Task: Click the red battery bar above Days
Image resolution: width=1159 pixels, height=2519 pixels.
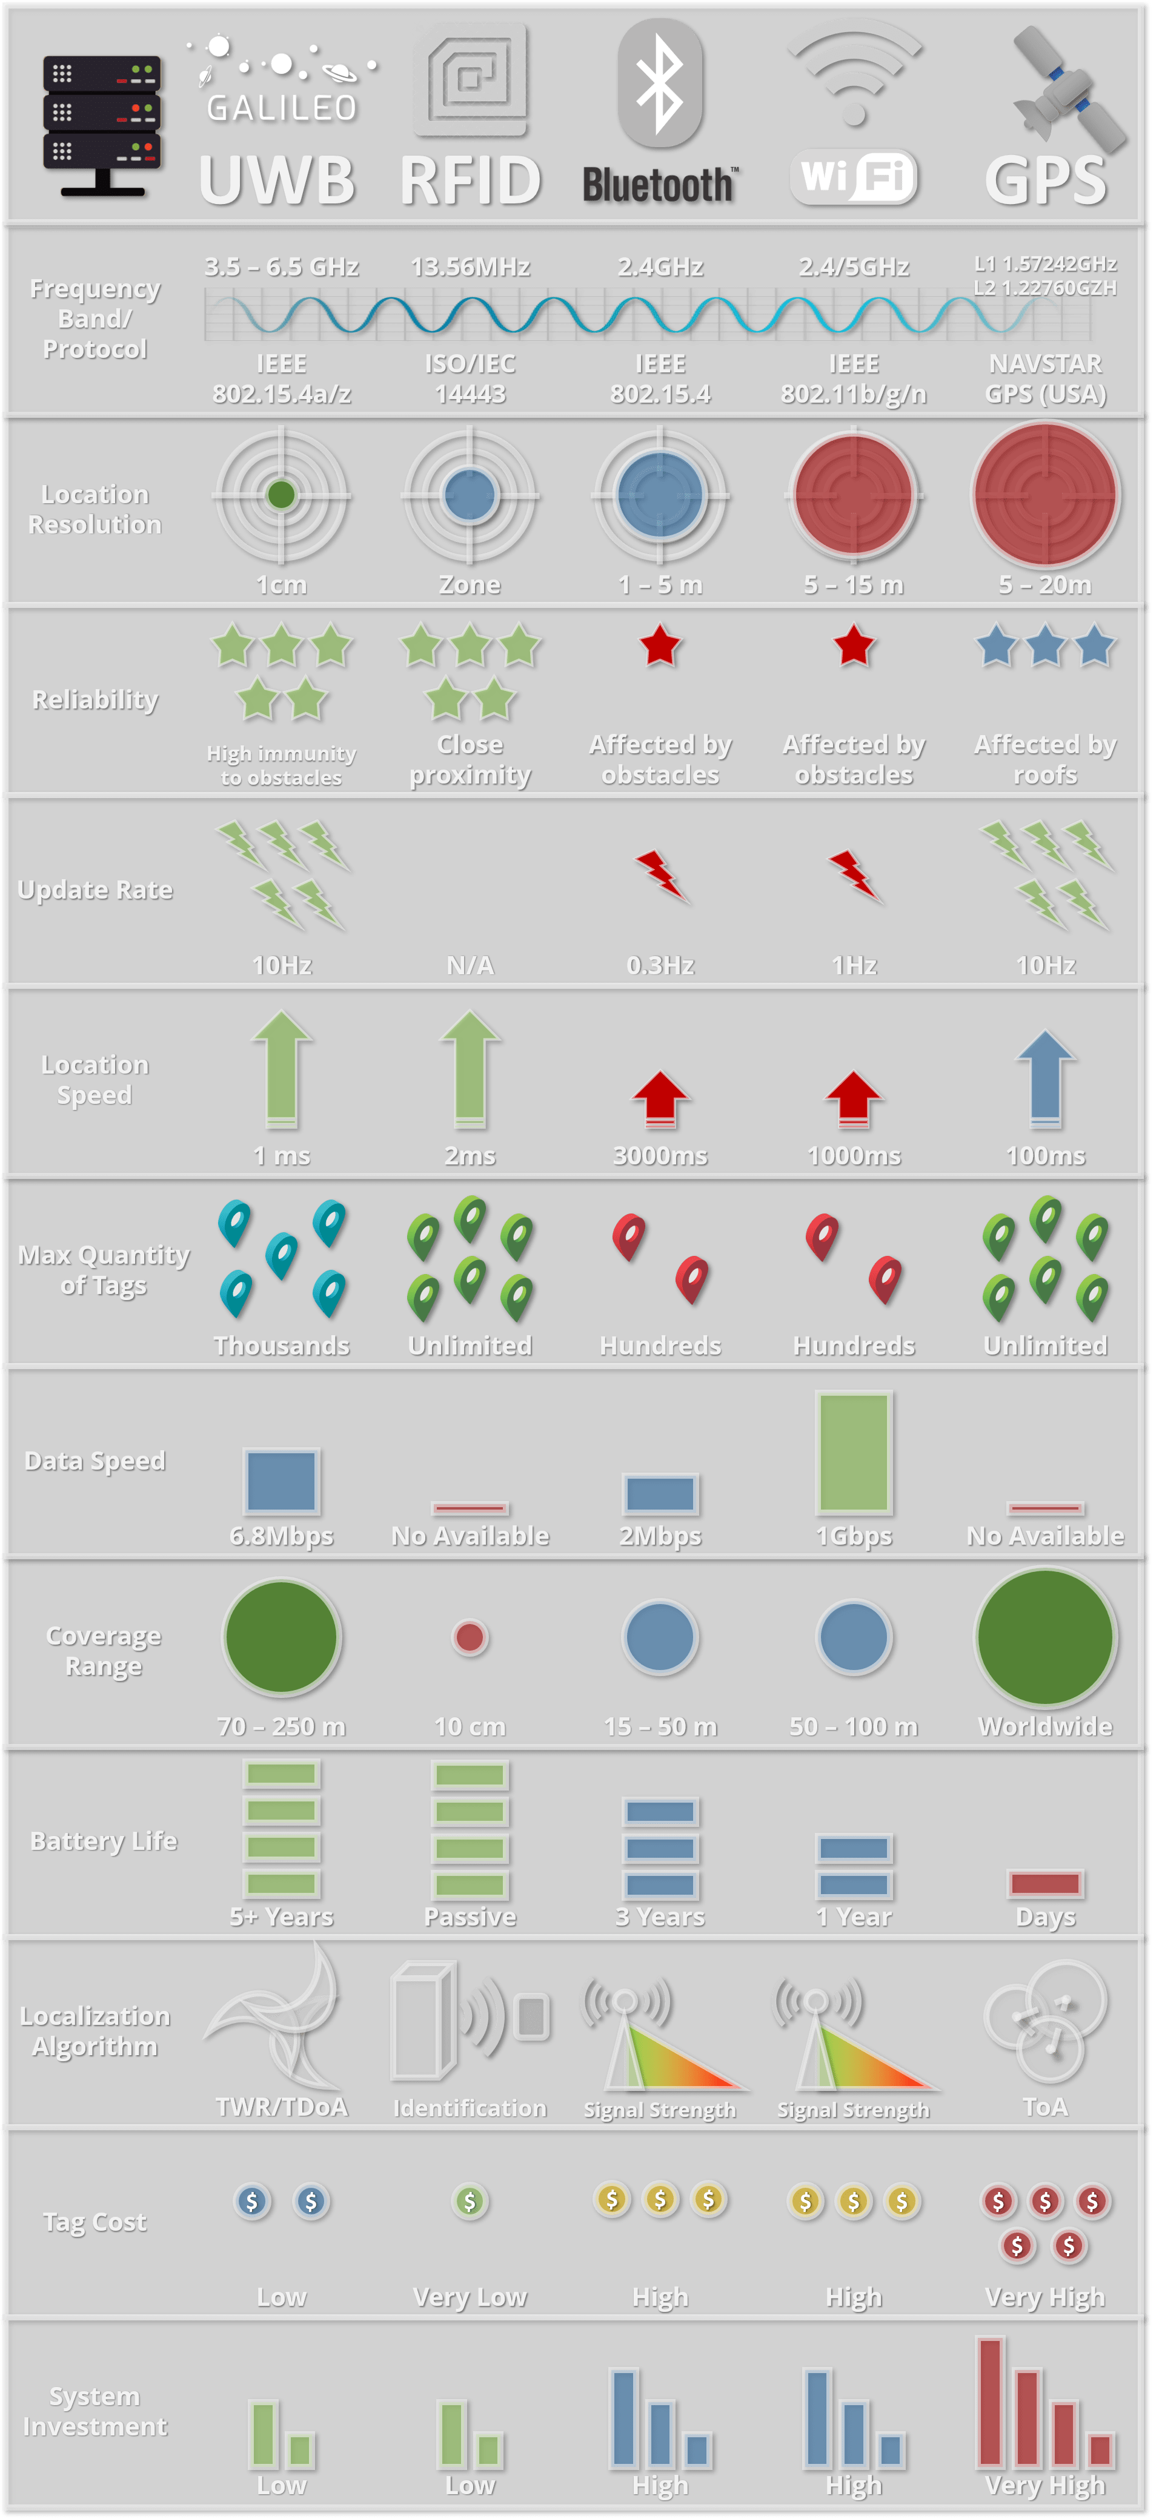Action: point(1046,1883)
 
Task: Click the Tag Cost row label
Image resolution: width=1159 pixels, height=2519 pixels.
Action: point(95,2223)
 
